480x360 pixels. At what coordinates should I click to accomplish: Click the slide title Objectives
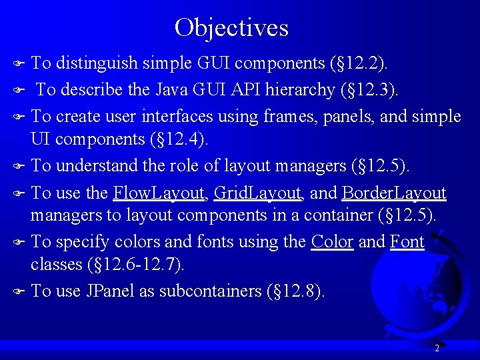pyautogui.click(x=231, y=27)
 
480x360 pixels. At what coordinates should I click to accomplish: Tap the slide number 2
pyautogui.click(x=437, y=348)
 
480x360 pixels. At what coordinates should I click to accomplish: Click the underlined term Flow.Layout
pyautogui.click(x=159, y=193)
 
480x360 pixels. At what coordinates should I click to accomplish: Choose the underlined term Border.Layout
pyautogui.click(x=393, y=193)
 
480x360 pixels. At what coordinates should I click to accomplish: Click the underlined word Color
pyautogui.click(x=332, y=241)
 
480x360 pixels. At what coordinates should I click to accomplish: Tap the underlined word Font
pyautogui.click(x=407, y=241)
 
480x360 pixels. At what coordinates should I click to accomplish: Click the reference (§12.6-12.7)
pyautogui.click(x=135, y=264)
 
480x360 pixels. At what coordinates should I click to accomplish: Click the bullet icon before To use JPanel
pyautogui.click(x=19, y=291)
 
